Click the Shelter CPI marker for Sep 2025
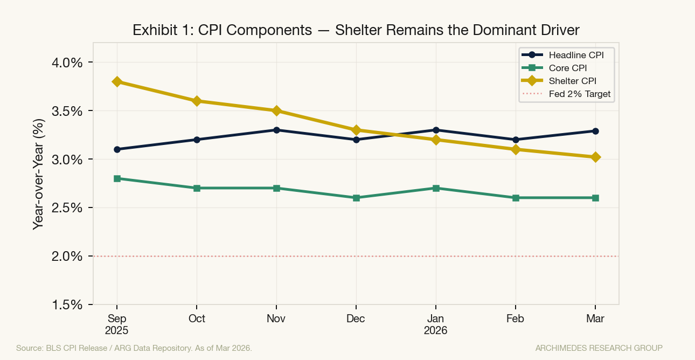[117, 81]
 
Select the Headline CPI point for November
[276, 130]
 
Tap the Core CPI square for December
[356, 198]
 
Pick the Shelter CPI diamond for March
[595, 157]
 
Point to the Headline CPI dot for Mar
[595, 131]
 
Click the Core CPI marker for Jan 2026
[436, 188]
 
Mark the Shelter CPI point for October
[197, 101]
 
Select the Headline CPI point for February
[516, 140]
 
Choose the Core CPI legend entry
[567, 68]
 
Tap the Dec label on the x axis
[356, 319]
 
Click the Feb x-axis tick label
[516, 319]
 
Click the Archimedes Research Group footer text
[599, 348]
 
